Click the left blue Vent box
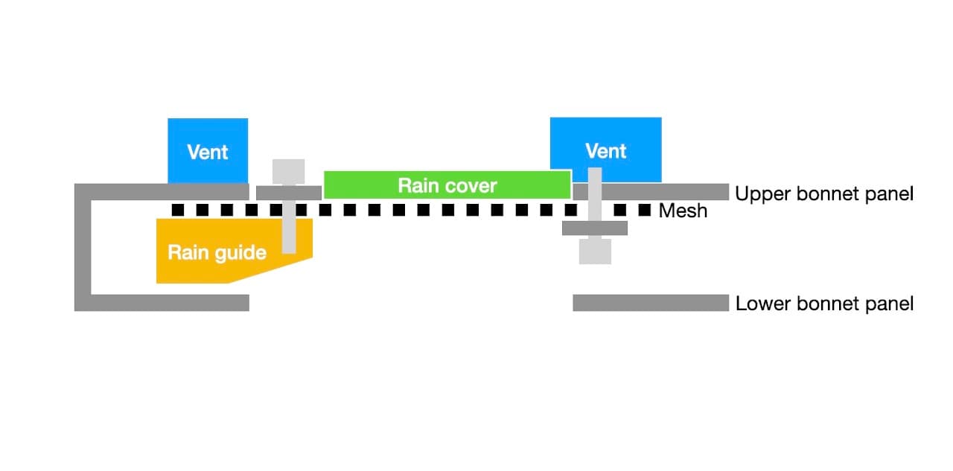click(208, 151)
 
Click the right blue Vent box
click(605, 150)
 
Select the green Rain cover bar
click(447, 185)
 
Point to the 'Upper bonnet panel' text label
click(823, 194)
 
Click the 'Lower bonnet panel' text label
click(824, 304)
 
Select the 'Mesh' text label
click(683, 211)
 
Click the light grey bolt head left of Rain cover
click(289, 171)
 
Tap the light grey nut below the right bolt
click(595, 251)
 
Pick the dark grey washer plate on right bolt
click(595, 228)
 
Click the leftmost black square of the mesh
click(178, 210)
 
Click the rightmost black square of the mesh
click(645, 210)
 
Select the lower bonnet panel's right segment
click(650, 303)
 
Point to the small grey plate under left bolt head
click(288, 193)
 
